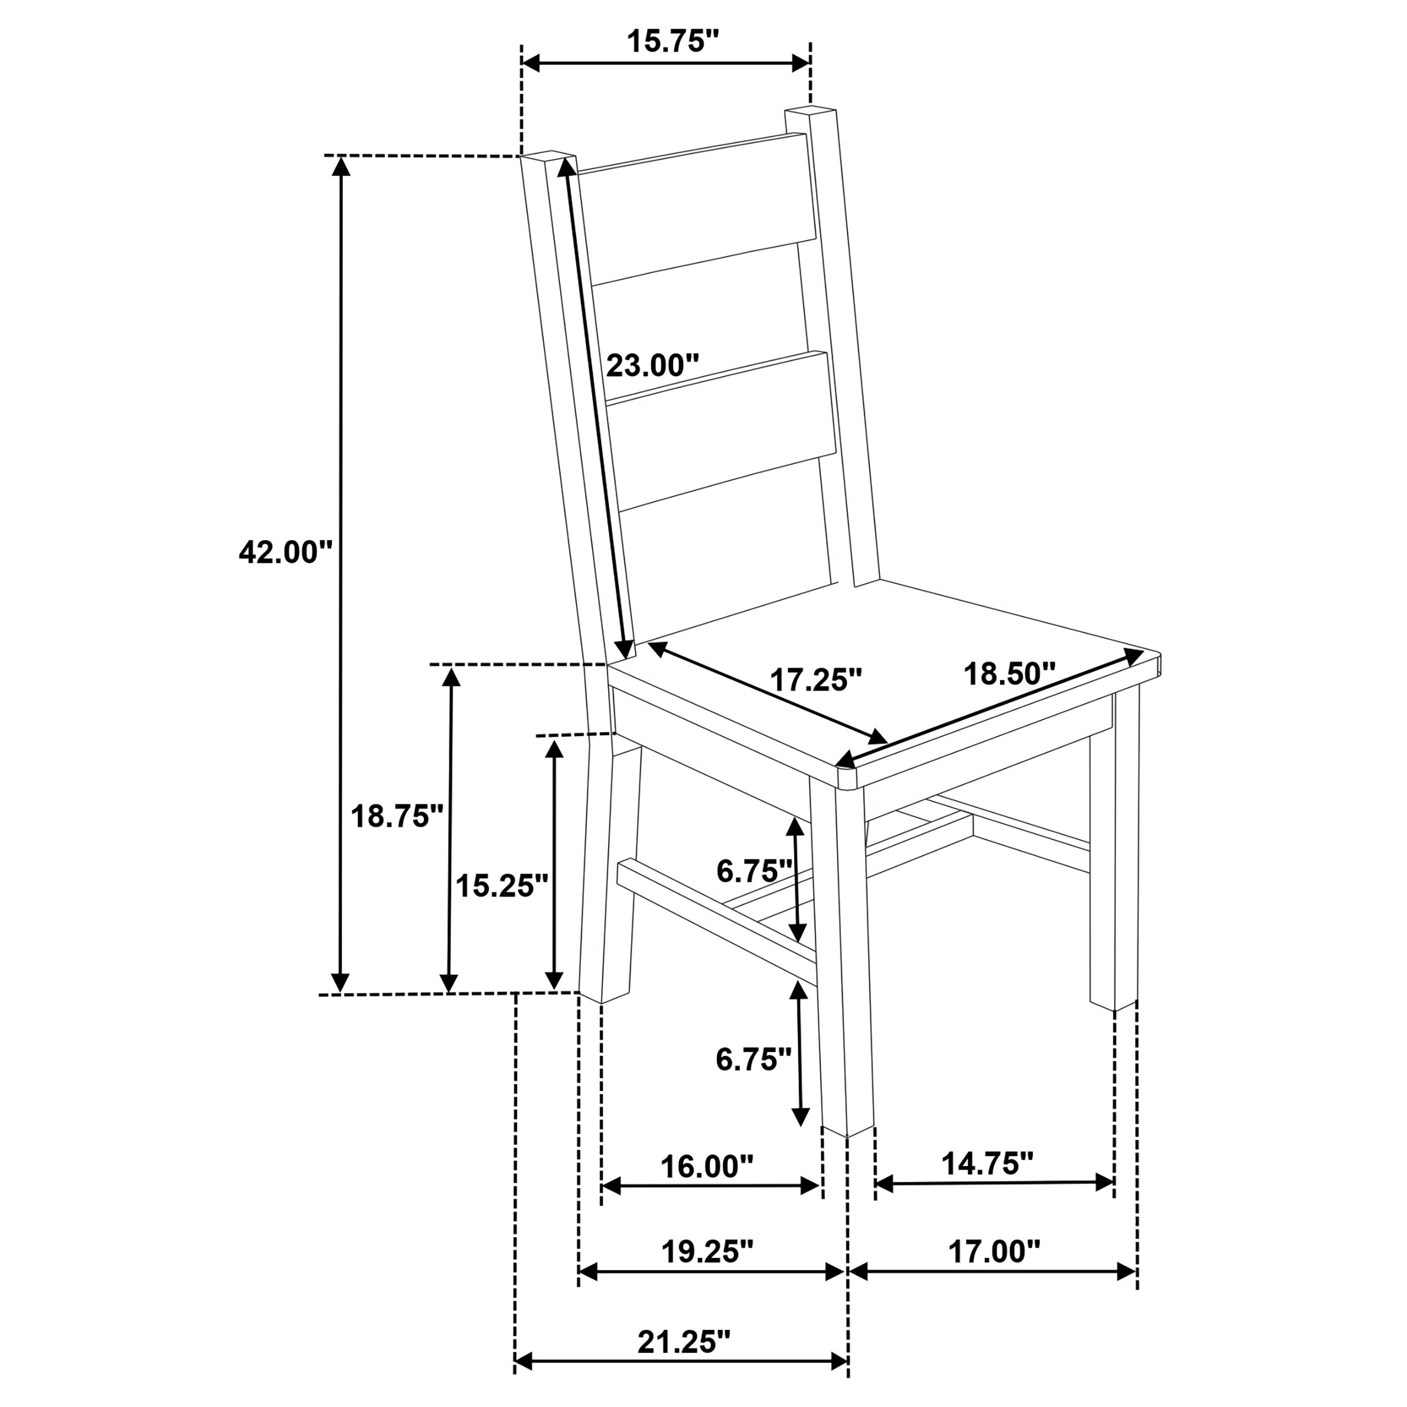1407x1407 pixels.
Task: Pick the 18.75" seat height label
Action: click(397, 817)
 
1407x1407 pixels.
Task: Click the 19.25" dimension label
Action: click(706, 1251)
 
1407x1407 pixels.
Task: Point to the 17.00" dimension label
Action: click(993, 1251)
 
